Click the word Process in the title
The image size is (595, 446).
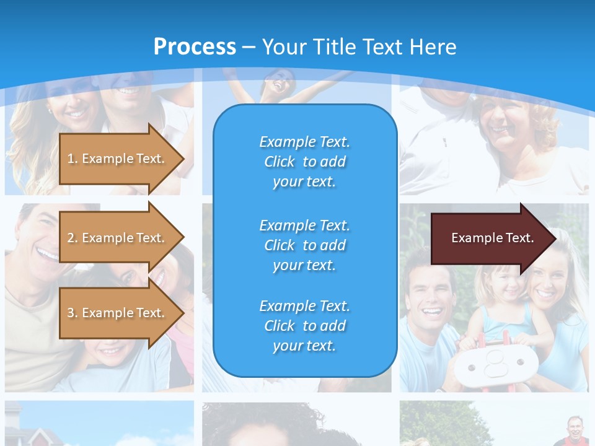tap(195, 47)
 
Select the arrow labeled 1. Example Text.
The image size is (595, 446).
tap(118, 159)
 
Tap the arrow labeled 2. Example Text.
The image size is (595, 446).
tap(118, 238)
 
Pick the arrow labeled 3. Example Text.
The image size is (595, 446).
tap(118, 313)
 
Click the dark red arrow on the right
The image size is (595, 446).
tap(490, 238)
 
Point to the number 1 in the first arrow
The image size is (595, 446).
tap(71, 159)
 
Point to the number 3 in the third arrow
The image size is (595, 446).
tap(71, 313)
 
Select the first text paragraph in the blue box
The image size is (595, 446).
tap(304, 162)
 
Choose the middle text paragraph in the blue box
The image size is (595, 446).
tap(304, 245)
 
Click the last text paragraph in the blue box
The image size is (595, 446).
tap(304, 326)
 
